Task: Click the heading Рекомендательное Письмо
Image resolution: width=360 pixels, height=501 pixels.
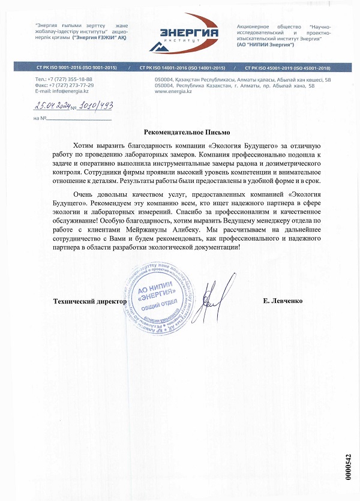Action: (x=187, y=132)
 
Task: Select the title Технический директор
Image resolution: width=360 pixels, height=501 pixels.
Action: (x=90, y=301)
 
